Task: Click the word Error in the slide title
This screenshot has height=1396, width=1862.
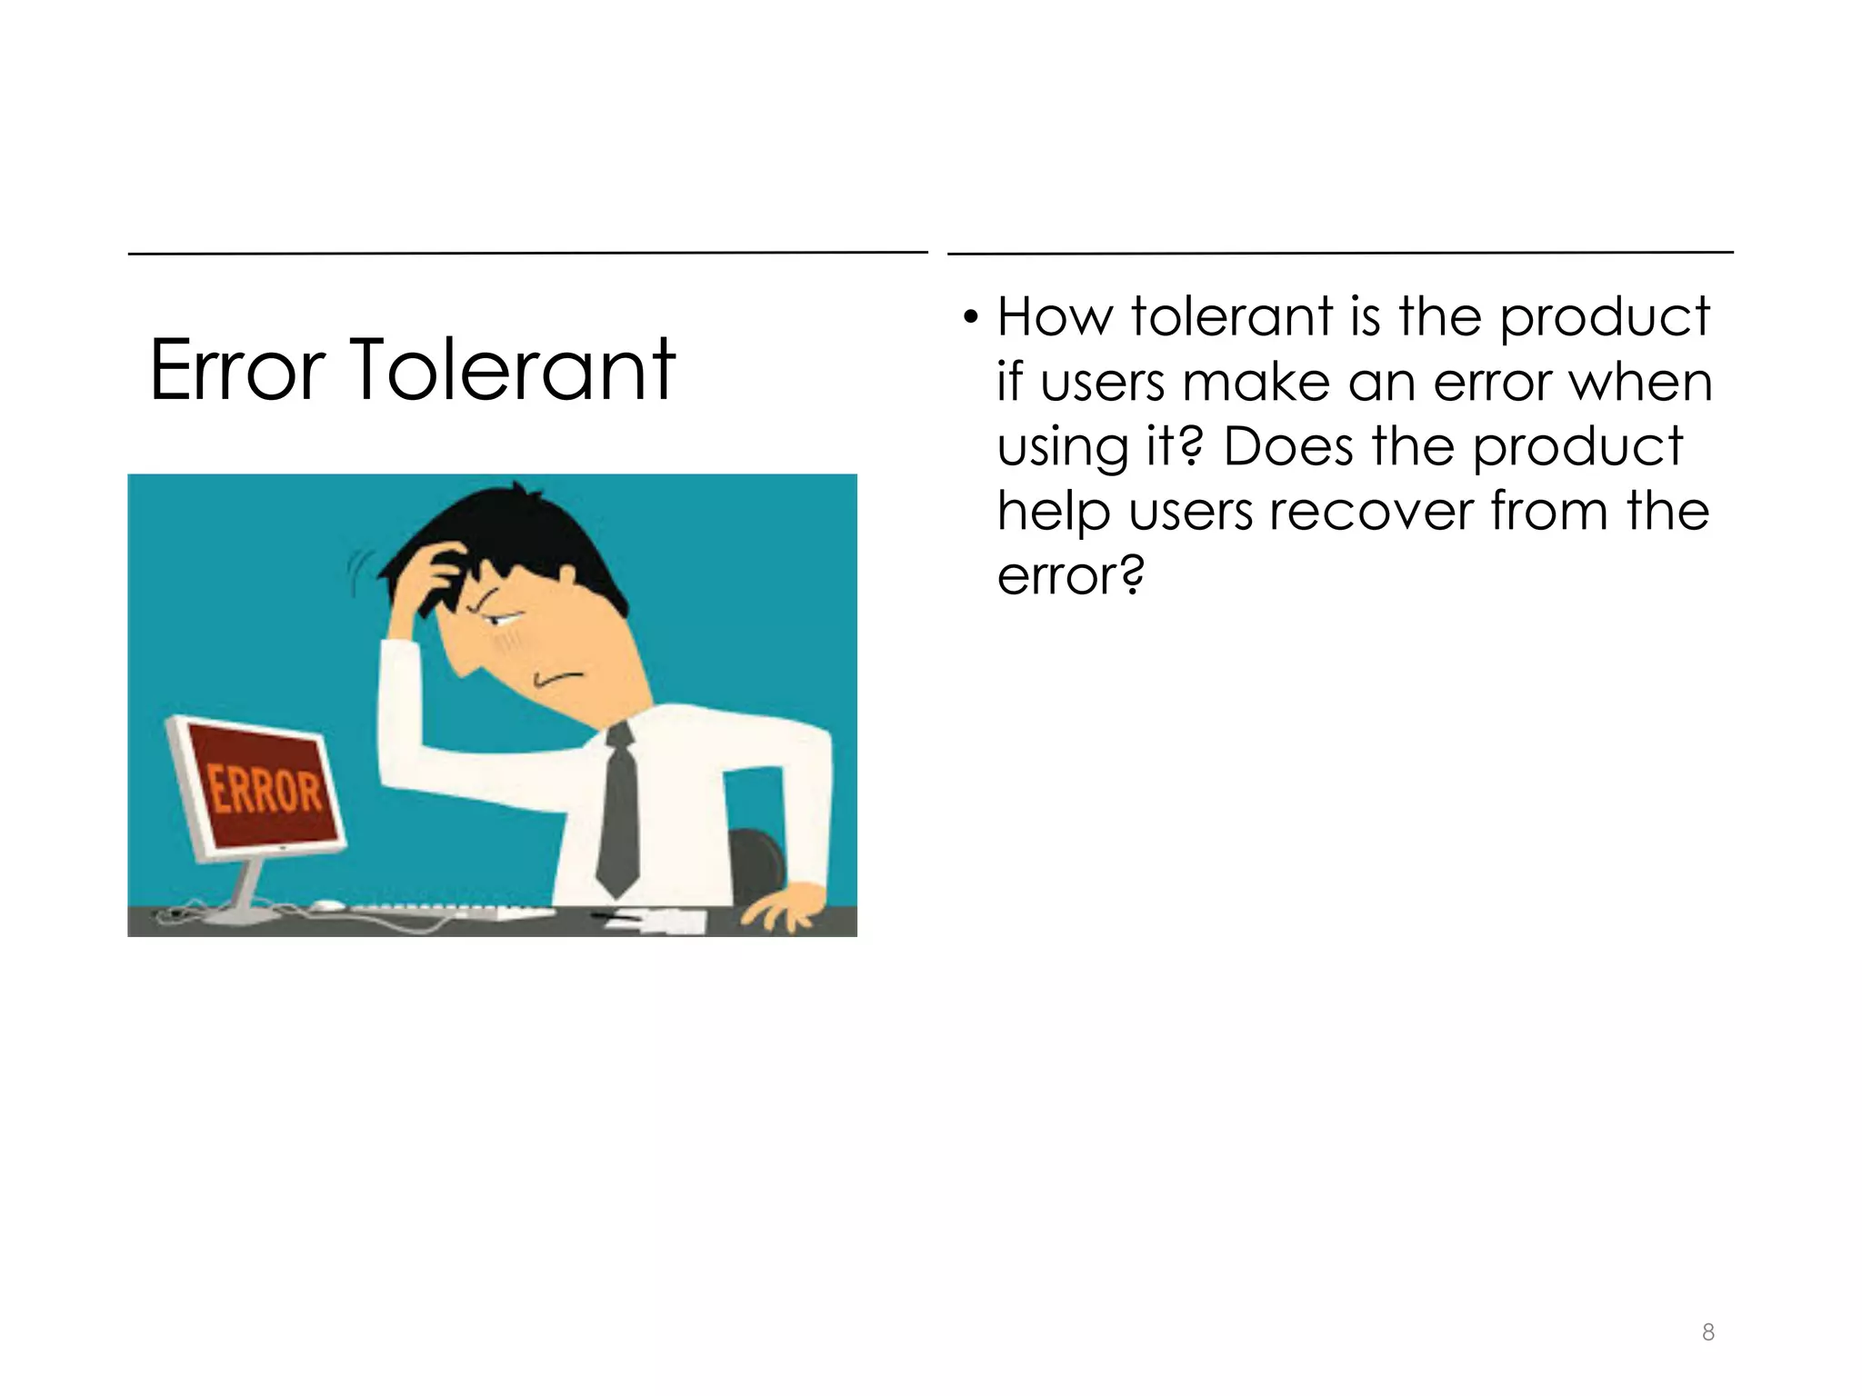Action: [237, 370]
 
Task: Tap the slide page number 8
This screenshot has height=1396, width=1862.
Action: [1708, 1332]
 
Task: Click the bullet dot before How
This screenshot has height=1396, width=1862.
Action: [971, 319]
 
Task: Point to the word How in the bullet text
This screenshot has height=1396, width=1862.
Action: [1055, 317]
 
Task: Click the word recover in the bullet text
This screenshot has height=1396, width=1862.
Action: [1371, 512]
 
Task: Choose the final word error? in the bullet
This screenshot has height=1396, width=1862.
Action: [1070, 576]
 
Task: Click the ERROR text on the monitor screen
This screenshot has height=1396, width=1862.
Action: [265, 789]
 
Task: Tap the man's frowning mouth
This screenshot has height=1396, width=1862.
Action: [557, 678]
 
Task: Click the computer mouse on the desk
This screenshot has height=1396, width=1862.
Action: [326, 905]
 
